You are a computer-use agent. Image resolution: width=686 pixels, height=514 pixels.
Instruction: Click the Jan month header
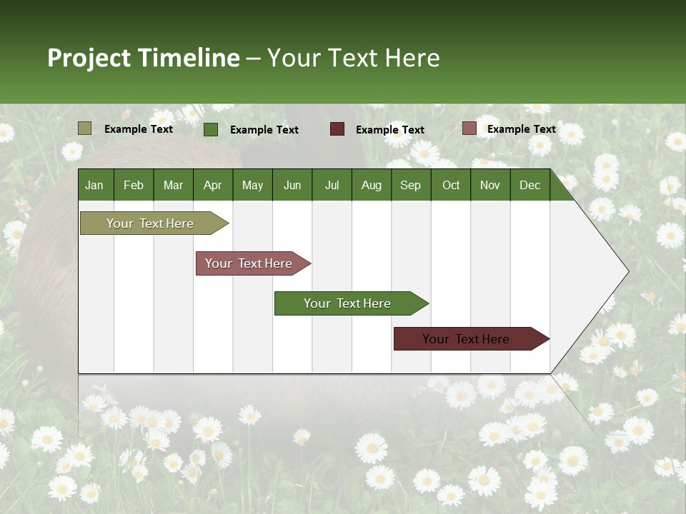pyautogui.click(x=95, y=185)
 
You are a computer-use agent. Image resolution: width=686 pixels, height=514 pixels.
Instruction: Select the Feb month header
pyautogui.click(x=134, y=185)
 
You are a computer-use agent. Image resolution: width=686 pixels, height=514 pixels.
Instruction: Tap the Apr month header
pyautogui.click(x=213, y=185)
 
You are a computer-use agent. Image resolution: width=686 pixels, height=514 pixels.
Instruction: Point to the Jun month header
pyautogui.click(x=292, y=185)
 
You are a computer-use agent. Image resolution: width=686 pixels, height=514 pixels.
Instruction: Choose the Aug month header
pyautogui.click(x=372, y=185)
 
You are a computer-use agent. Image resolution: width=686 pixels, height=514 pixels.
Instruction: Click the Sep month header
pyautogui.click(x=411, y=185)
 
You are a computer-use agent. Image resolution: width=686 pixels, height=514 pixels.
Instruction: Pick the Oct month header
pyautogui.click(x=451, y=185)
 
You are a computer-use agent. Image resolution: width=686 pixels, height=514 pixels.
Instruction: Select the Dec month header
pyautogui.click(x=530, y=185)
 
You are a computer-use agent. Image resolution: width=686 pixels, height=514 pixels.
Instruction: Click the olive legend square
pyautogui.click(x=85, y=128)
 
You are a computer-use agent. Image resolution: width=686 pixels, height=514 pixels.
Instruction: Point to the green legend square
pyautogui.click(x=211, y=129)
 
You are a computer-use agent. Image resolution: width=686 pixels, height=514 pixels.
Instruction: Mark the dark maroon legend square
pyautogui.click(x=337, y=129)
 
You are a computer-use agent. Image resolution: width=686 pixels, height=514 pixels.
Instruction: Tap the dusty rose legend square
pyautogui.click(x=469, y=128)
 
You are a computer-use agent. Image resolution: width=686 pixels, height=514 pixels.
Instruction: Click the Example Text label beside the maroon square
pyautogui.click(x=390, y=130)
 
